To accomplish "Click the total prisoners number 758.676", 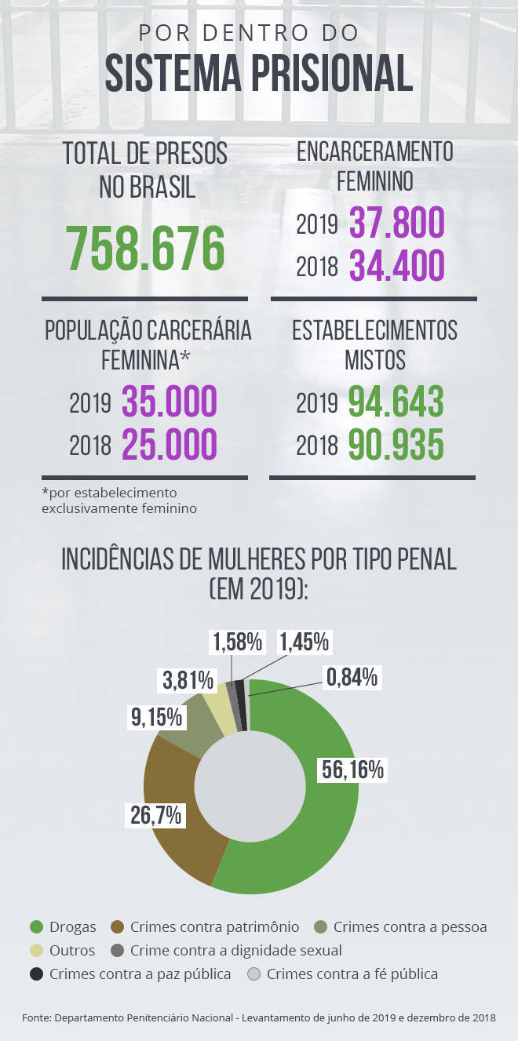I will pyautogui.click(x=145, y=248).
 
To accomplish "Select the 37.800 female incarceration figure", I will pyautogui.click(x=396, y=224).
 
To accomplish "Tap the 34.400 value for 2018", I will pyautogui.click(x=396, y=266).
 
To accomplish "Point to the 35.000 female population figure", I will pyautogui.click(x=169, y=402).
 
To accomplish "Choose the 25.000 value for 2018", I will pyautogui.click(x=169, y=445).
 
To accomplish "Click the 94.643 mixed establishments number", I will pyautogui.click(x=396, y=402).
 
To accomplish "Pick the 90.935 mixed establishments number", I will pyautogui.click(x=396, y=445).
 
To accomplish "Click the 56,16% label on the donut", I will pyautogui.click(x=352, y=770).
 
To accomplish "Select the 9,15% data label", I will pyautogui.click(x=155, y=716).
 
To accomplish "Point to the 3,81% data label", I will pyautogui.click(x=188, y=679).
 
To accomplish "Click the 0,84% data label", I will pyautogui.click(x=353, y=676).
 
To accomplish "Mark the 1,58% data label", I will pyautogui.click(x=236, y=642).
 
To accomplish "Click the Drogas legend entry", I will pyautogui.click(x=63, y=927).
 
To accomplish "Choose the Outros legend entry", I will pyautogui.click(x=63, y=951).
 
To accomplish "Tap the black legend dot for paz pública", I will pyautogui.click(x=36, y=974).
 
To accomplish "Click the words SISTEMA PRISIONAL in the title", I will pyautogui.click(x=259, y=74).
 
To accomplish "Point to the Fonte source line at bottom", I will pyautogui.click(x=259, y=1017).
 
